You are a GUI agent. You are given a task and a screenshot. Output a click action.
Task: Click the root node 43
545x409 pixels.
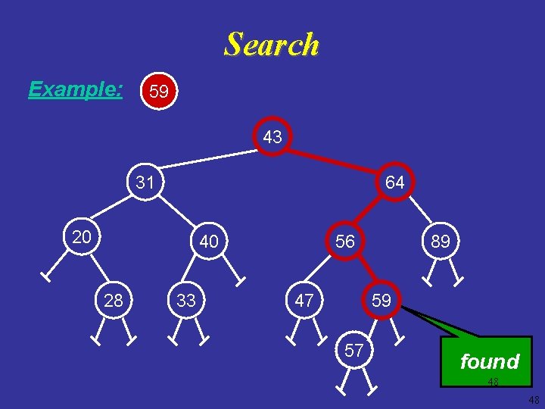pyautogui.click(x=272, y=136)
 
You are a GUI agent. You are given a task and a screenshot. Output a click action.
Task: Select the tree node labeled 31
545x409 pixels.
pyautogui.click(x=145, y=182)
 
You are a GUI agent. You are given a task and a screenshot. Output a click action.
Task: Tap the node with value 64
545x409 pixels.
pyautogui.click(x=395, y=182)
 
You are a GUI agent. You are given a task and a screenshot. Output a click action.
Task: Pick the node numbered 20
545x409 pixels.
pyautogui.click(x=82, y=236)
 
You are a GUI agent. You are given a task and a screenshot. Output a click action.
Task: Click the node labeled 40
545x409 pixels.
pyautogui.click(x=209, y=241)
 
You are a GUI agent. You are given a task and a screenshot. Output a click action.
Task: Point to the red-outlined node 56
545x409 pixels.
pyautogui.click(x=345, y=241)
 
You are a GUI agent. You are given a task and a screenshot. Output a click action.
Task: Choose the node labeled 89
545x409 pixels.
pyautogui.click(x=441, y=241)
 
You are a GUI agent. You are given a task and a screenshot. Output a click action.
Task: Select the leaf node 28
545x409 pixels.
pyautogui.click(x=114, y=300)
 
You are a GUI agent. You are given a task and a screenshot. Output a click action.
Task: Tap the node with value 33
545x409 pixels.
pyautogui.click(x=186, y=300)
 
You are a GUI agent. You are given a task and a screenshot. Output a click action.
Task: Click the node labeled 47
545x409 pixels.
pyautogui.click(x=304, y=300)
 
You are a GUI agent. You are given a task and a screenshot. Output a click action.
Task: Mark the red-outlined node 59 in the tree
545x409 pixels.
pyautogui.click(x=381, y=300)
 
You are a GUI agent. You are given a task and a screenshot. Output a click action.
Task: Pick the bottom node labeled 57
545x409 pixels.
pyautogui.click(x=354, y=350)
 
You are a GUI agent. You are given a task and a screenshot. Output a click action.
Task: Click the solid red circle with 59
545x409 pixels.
pyautogui.click(x=159, y=91)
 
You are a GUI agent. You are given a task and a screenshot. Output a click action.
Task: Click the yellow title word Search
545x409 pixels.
pyautogui.click(x=272, y=44)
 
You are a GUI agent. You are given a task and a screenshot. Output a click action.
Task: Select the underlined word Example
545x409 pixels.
pyautogui.click(x=75, y=89)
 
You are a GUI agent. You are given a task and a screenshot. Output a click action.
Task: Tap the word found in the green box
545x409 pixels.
pyautogui.click(x=490, y=361)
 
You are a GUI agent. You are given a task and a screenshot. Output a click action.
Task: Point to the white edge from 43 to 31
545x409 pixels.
pyautogui.click(x=209, y=159)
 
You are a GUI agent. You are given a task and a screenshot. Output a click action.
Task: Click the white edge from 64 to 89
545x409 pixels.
pyautogui.click(x=421, y=210)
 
